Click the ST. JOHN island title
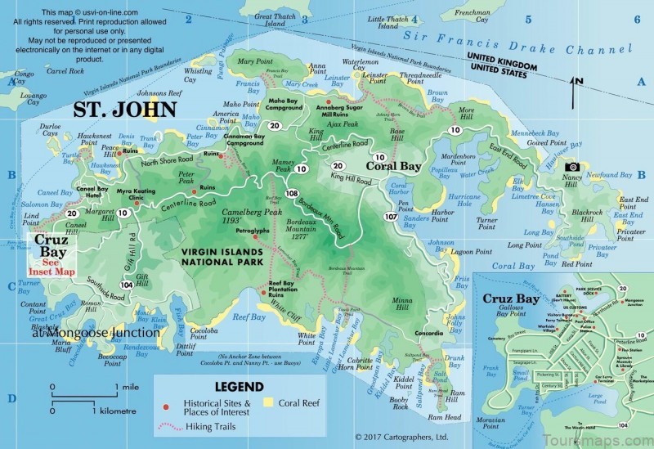point(123,109)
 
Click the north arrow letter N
point(578,80)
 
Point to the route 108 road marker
point(292,193)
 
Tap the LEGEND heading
point(238,386)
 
